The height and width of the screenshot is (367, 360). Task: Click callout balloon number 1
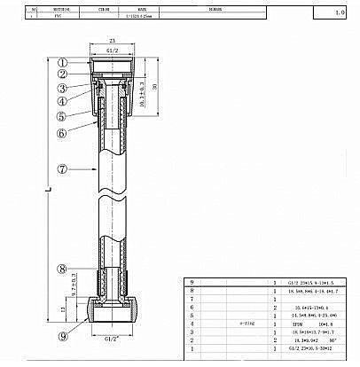[63, 63]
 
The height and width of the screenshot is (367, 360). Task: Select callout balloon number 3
[63, 88]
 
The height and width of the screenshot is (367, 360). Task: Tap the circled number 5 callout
[63, 116]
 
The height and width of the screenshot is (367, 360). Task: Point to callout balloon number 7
[63, 168]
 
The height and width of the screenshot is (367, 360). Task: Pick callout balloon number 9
[63, 336]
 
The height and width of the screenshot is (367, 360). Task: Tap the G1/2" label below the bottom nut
[113, 339]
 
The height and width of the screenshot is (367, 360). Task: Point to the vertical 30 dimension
[155, 86]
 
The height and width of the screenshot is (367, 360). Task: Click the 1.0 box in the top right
[340, 14]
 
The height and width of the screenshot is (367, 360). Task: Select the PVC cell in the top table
[57, 15]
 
